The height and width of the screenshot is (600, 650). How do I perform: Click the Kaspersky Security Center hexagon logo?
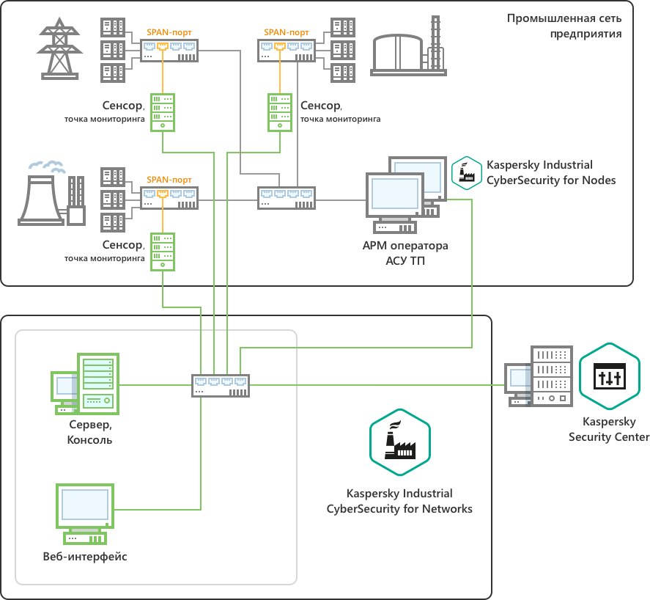[609, 378]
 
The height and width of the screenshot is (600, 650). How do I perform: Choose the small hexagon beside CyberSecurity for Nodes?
[465, 172]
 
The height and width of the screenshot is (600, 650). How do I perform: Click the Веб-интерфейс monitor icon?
[85, 511]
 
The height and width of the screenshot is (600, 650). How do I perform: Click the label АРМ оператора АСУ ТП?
[405, 252]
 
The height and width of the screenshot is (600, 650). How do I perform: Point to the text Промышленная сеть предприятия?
[565, 26]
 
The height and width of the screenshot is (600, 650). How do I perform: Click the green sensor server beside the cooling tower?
[163, 252]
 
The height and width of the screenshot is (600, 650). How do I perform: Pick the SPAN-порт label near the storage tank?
[287, 32]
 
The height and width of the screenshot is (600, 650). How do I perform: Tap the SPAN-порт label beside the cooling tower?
[169, 180]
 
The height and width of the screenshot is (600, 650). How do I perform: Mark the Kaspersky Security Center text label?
[609, 430]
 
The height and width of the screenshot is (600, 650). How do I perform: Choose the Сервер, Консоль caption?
[89, 433]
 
